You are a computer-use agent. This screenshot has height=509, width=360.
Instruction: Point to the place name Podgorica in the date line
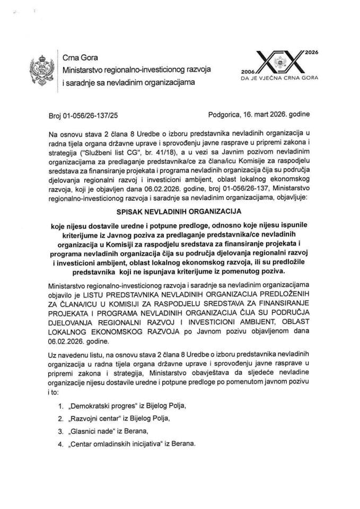(226, 114)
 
